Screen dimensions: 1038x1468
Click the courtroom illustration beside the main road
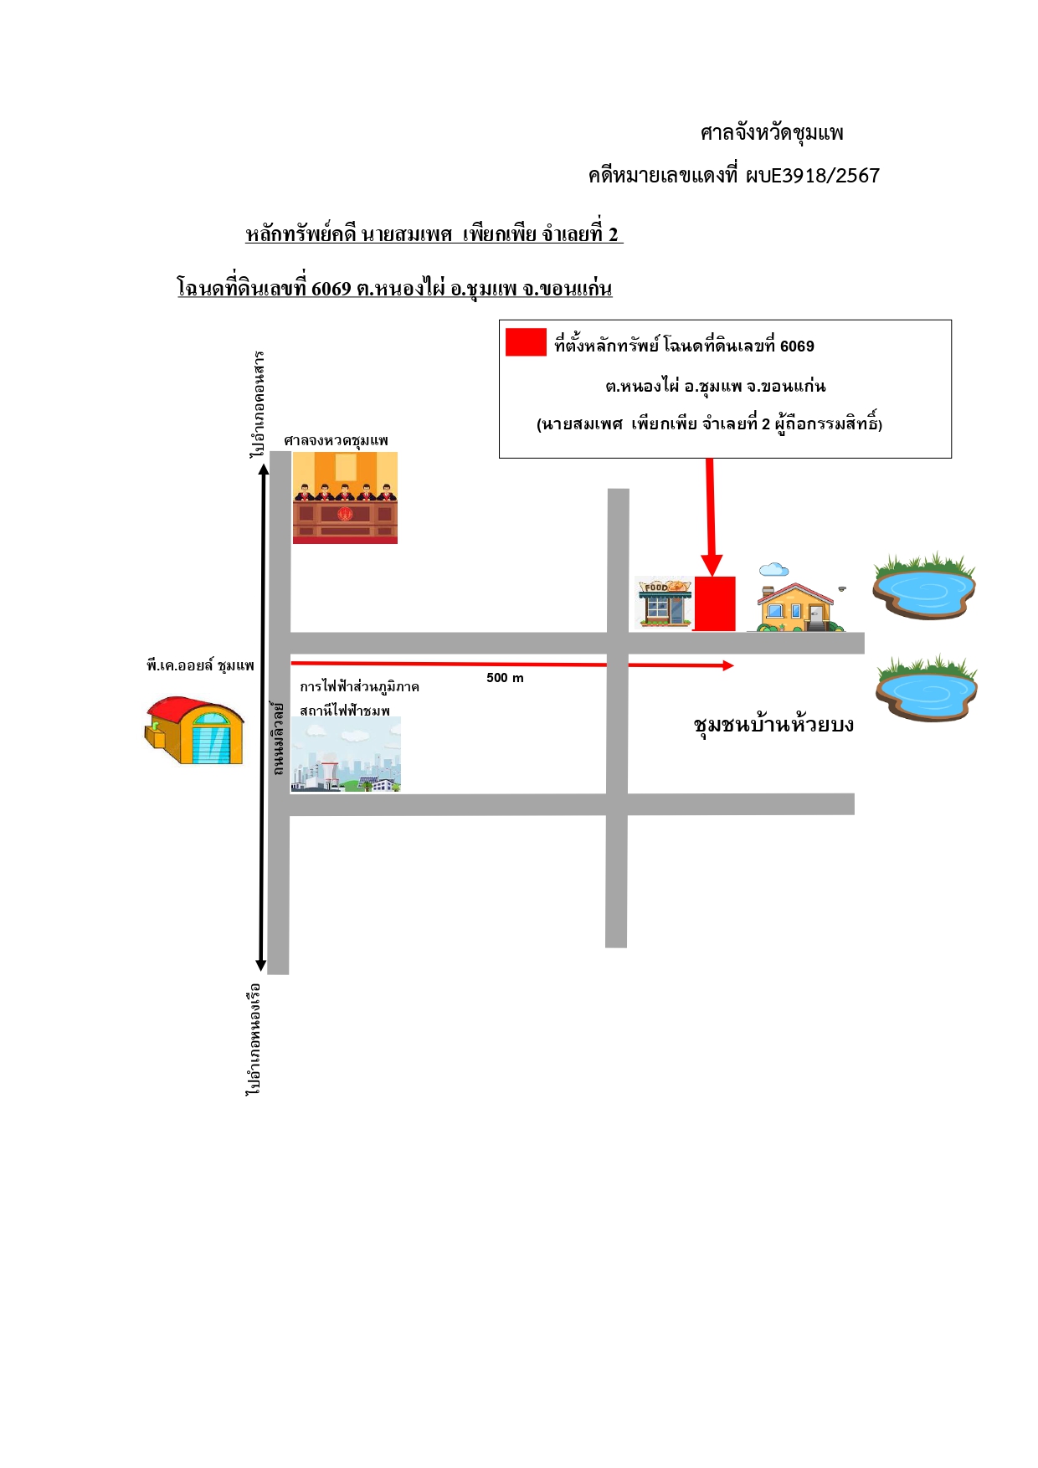pyautogui.click(x=345, y=498)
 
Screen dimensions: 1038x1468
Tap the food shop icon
pyautogui.click(x=664, y=602)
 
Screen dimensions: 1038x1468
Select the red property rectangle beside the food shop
pyautogui.click(x=714, y=603)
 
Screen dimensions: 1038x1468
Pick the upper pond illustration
pyautogui.click(x=923, y=586)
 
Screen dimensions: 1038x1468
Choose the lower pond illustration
pyautogui.click(x=926, y=688)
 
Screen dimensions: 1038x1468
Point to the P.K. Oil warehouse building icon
pyautogui.click(x=194, y=731)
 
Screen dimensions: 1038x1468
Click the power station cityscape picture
pyautogui.click(x=346, y=755)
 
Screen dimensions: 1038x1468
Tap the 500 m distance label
pyautogui.click(x=505, y=678)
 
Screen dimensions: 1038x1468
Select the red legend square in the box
pyautogui.click(x=526, y=342)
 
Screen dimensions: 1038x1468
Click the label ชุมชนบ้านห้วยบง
pyautogui.click(x=773, y=724)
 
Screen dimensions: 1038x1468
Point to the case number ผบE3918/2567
pyautogui.click(x=812, y=176)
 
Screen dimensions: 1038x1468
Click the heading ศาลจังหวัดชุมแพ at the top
pyautogui.click(x=772, y=133)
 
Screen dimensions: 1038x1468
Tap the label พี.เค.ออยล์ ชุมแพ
pyautogui.click(x=200, y=666)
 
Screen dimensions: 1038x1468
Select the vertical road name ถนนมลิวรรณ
pyautogui.click(x=278, y=739)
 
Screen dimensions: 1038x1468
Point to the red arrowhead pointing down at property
pyautogui.click(x=712, y=566)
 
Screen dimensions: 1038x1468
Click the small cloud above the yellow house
pyautogui.click(x=773, y=570)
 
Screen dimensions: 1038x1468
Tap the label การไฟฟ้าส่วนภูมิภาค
pyautogui.click(x=359, y=687)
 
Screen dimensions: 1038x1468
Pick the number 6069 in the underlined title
pyautogui.click(x=331, y=289)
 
